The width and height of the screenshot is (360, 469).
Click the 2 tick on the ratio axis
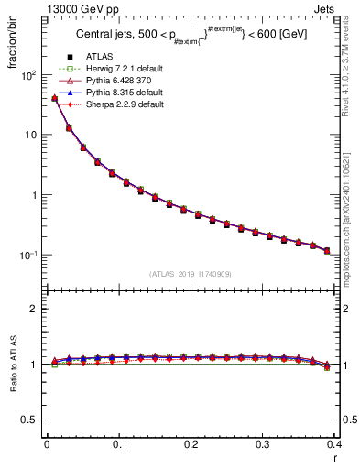34,309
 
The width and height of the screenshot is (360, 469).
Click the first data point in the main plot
54,98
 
